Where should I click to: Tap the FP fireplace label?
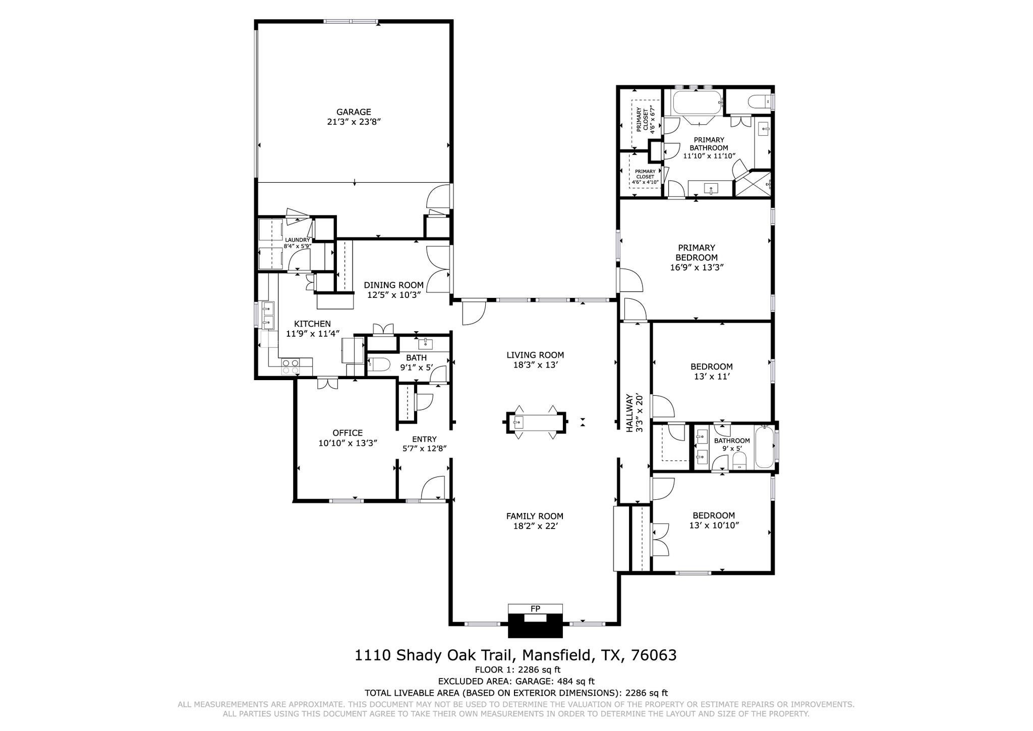pyautogui.click(x=535, y=609)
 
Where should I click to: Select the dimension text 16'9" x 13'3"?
pyautogui.click(x=697, y=268)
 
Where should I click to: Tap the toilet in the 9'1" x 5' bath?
pyautogui.click(x=377, y=364)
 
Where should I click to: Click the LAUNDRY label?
pyautogui.click(x=297, y=240)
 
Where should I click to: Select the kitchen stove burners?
pyautogui.click(x=290, y=366)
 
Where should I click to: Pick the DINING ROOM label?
pyautogui.click(x=393, y=285)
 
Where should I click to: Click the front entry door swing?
pyautogui.click(x=433, y=488)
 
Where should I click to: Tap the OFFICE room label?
pyautogui.click(x=348, y=433)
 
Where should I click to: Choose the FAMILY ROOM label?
pyautogui.click(x=535, y=516)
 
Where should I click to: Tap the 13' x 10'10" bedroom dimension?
pyautogui.click(x=714, y=526)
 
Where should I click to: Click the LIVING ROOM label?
pyautogui.click(x=535, y=355)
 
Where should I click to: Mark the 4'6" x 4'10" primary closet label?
pyautogui.click(x=645, y=177)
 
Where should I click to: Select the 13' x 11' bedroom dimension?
pyautogui.click(x=711, y=377)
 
